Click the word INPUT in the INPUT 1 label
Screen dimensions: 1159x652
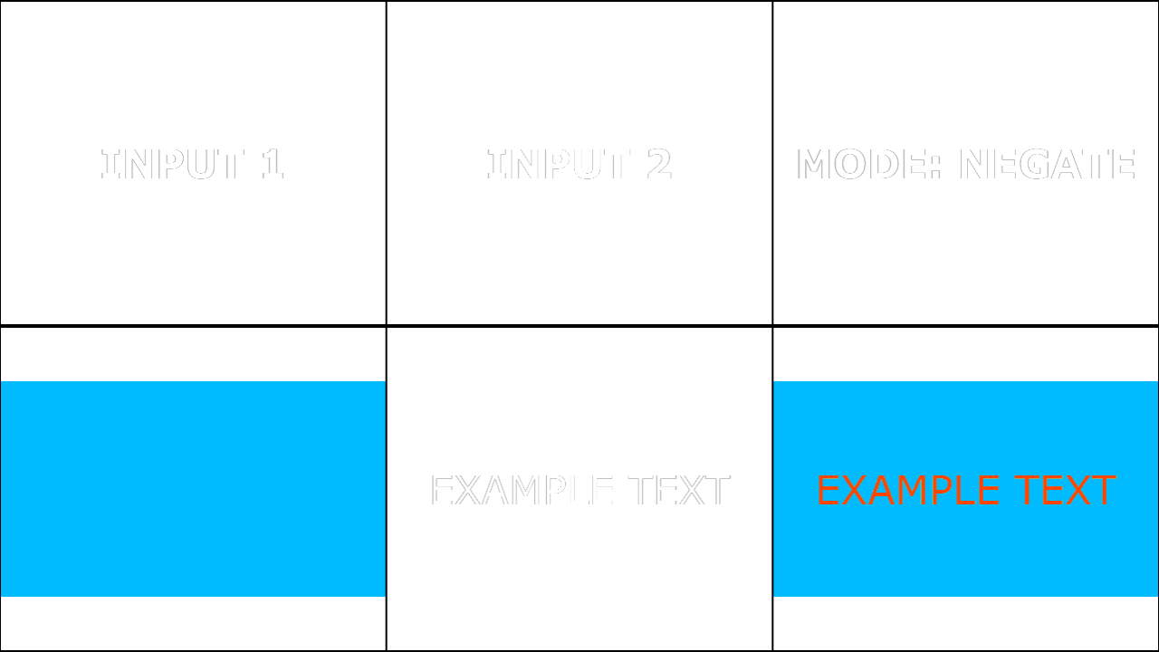(x=172, y=164)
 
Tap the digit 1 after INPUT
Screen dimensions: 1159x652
(x=273, y=164)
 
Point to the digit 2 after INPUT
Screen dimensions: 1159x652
(x=659, y=164)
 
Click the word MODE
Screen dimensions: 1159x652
(x=863, y=164)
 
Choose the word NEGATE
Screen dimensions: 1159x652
(x=1048, y=164)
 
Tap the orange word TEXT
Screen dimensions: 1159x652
(x=1065, y=490)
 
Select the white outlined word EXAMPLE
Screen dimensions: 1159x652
(x=522, y=490)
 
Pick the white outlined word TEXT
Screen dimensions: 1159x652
(x=679, y=490)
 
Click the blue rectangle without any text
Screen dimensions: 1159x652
(x=193, y=489)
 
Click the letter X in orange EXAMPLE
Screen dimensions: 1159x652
(x=857, y=490)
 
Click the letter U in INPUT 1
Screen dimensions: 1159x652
(x=200, y=164)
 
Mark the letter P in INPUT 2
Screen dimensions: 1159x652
(x=559, y=164)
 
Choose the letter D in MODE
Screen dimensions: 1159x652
(x=884, y=164)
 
